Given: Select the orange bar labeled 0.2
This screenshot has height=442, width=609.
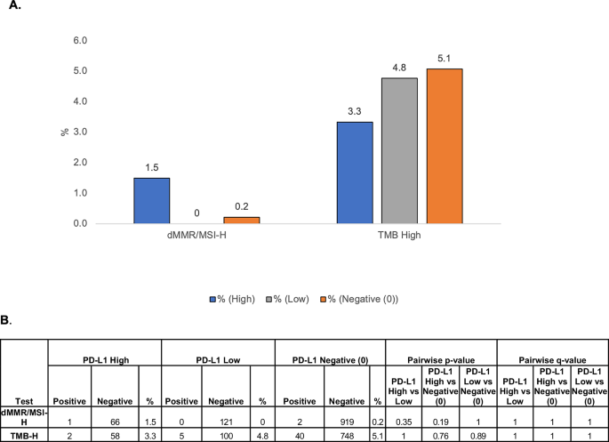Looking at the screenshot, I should tap(241, 220).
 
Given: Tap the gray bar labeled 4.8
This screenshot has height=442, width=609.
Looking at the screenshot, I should tap(399, 150).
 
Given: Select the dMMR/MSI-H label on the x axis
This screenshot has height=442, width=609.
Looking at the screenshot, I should tap(196, 235).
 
